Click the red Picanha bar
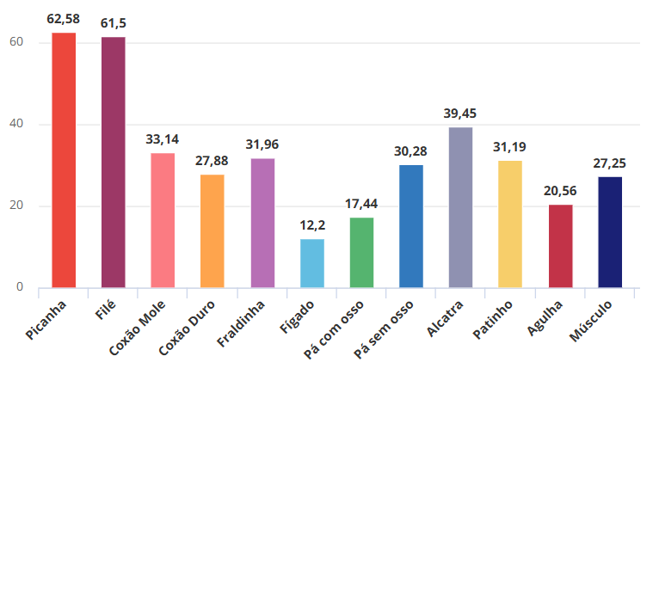[x=64, y=160]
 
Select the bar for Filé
[x=114, y=163]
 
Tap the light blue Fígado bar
[x=312, y=263]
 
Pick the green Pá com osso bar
[x=362, y=253]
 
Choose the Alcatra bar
[x=460, y=207]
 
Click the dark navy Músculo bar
[x=610, y=232]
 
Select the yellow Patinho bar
[x=510, y=224]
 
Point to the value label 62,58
[x=64, y=19]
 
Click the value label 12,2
[x=312, y=225]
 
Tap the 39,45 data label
[x=460, y=114]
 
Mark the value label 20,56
[x=560, y=191]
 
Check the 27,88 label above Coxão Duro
[x=212, y=161]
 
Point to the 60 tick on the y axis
[x=16, y=42]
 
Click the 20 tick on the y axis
[x=16, y=206]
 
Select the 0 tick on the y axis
[x=20, y=287]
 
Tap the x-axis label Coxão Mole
[x=138, y=328]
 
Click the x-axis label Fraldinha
[x=241, y=323]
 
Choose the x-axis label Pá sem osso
[x=384, y=330]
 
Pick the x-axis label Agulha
[x=545, y=318]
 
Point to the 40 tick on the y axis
[x=16, y=124]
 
